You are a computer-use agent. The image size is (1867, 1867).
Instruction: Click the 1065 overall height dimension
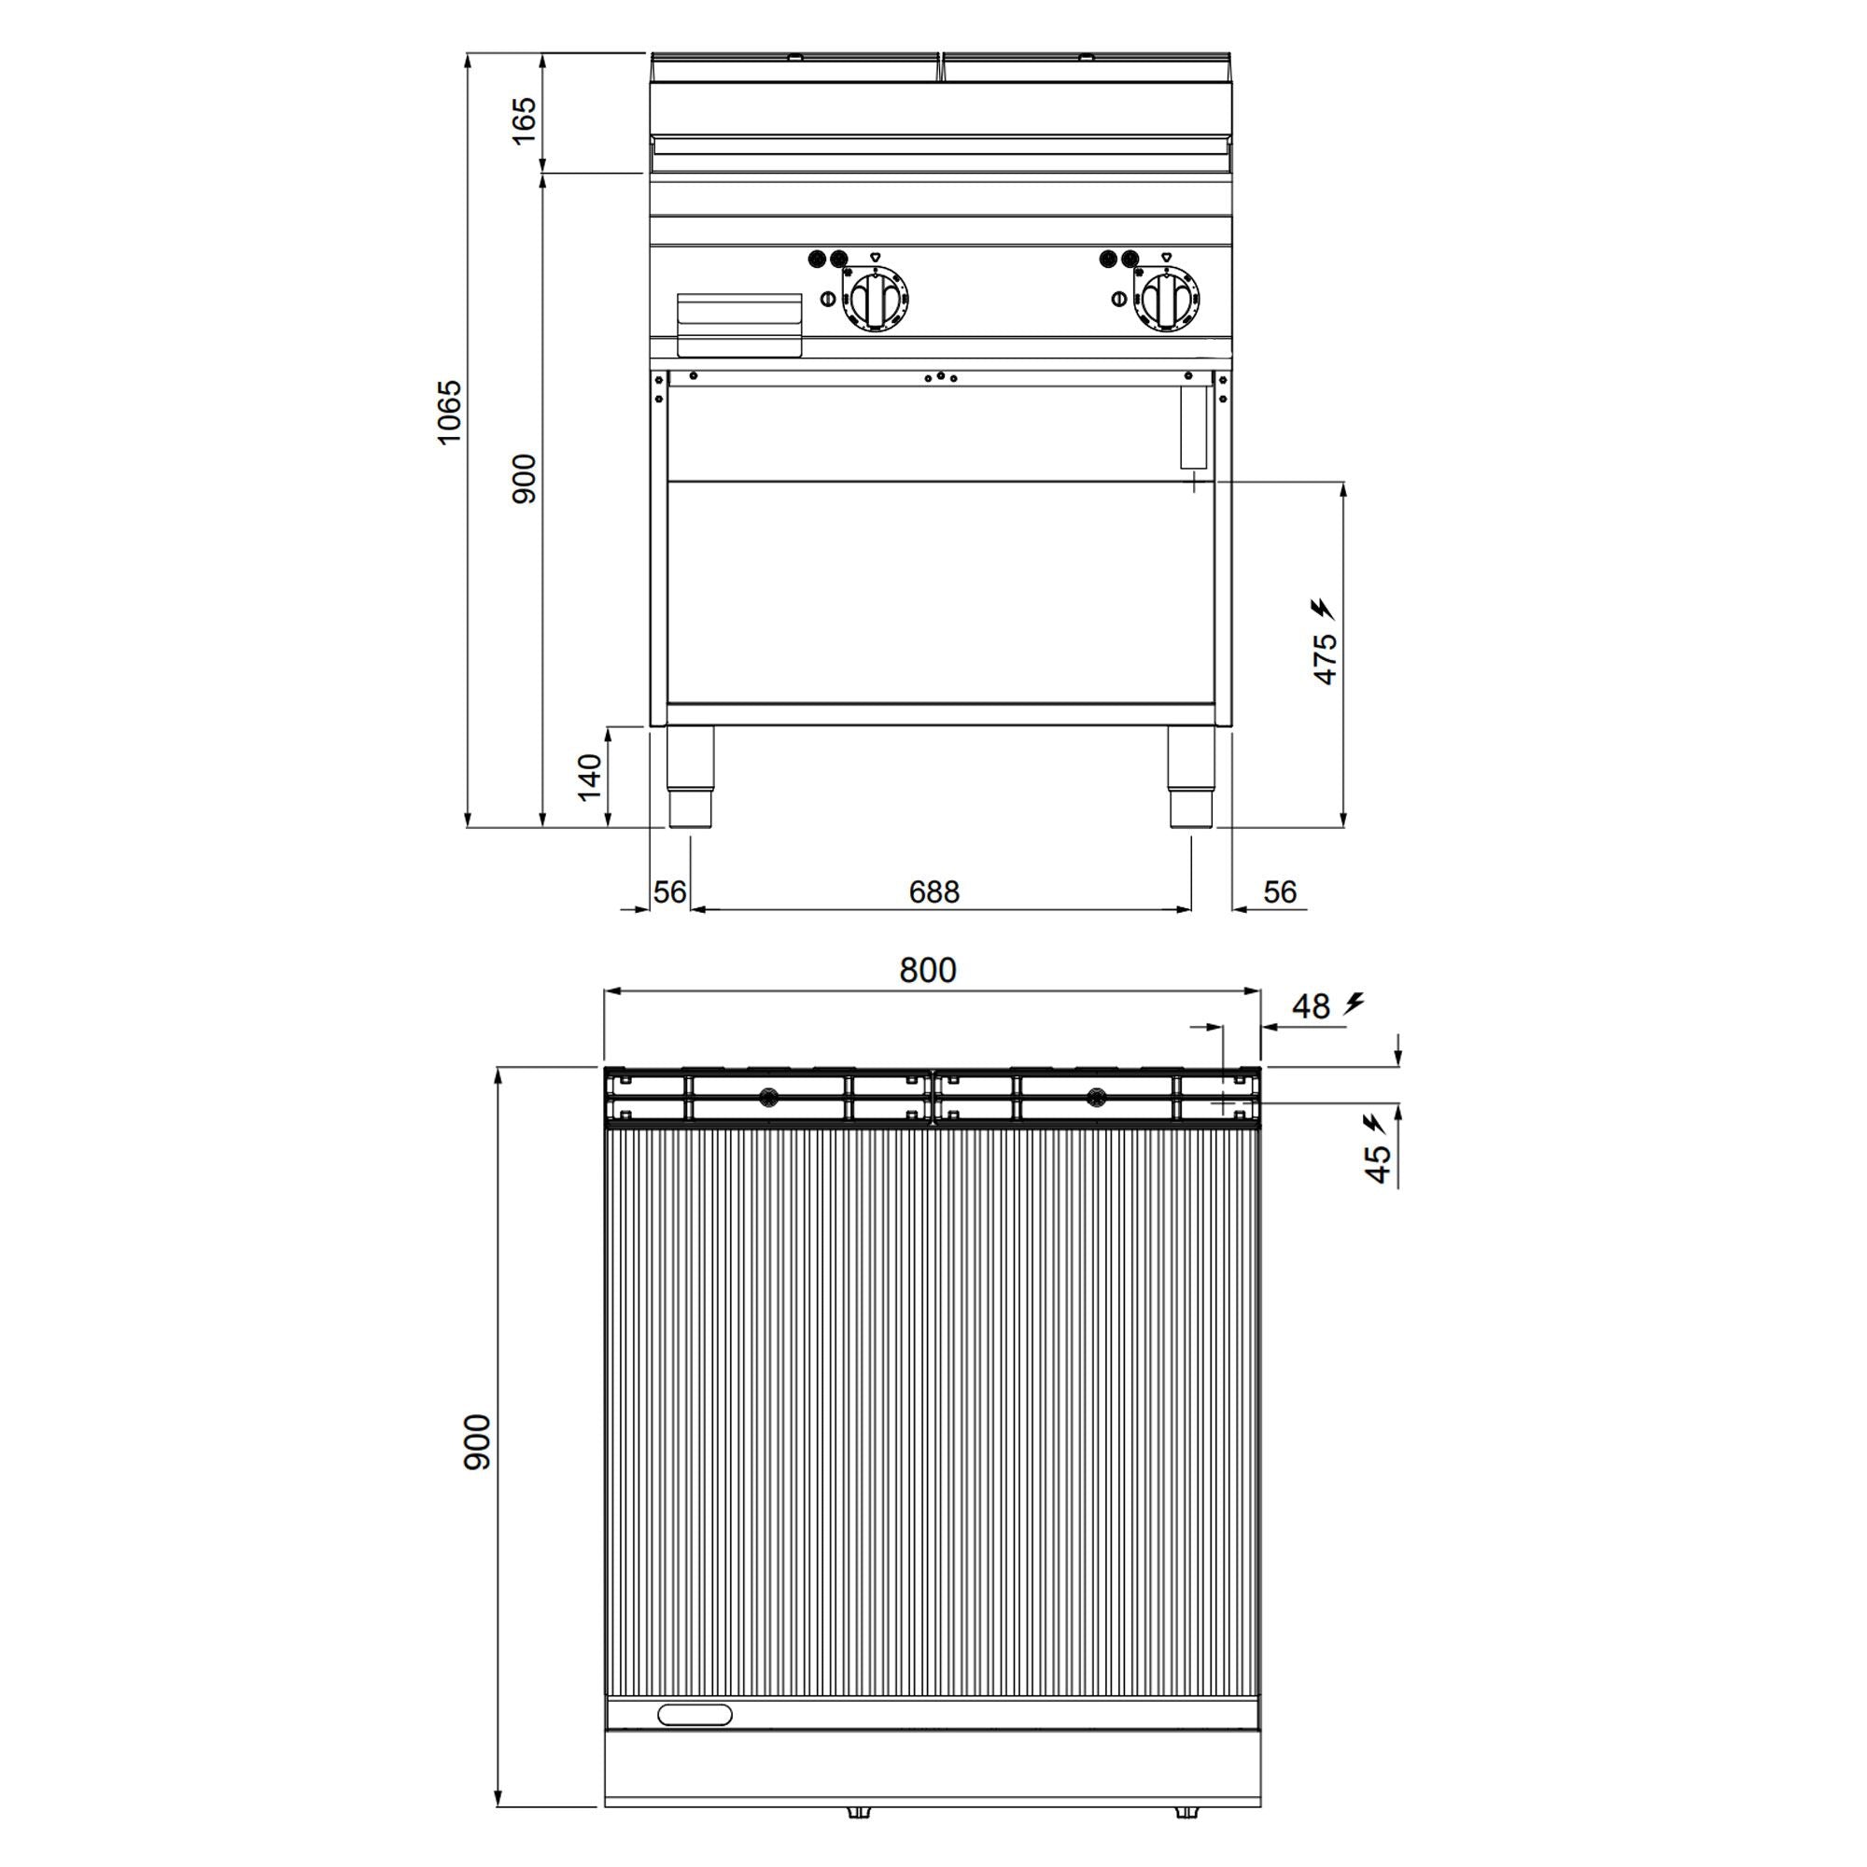(449, 413)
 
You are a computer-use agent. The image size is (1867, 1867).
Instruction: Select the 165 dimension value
(523, 119)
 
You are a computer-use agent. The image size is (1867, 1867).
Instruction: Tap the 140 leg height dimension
(589, 777)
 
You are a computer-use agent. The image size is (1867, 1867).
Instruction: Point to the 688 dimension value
(934, 891)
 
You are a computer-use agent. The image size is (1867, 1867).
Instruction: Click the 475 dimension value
(1325, 659)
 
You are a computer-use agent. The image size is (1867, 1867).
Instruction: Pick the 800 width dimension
(928, 970)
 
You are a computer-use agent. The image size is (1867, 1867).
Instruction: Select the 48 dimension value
(1311, 1007)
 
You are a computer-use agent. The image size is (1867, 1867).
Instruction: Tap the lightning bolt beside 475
(1322, 609)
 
